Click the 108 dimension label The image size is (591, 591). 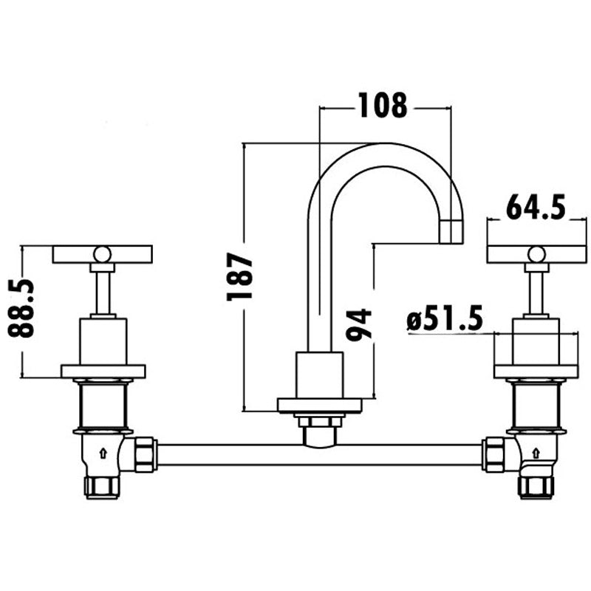click(383, 106)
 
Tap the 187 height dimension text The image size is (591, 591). click(240, 276)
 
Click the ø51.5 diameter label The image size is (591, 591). click(445, 320)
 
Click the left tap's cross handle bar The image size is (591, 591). click(102, 254)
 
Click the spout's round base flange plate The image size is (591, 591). click(319, 405)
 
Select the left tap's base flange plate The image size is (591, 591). click(103, 371)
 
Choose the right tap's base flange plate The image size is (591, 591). click(536, 371)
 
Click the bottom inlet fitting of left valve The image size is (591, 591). click(101, 487)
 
